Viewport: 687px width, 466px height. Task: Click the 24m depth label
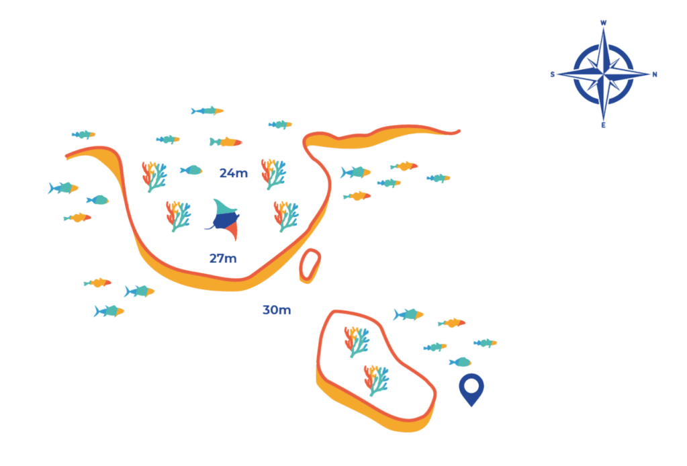234,174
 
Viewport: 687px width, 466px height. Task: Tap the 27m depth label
223,259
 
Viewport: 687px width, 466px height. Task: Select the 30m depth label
276,310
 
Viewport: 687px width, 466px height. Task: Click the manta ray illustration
223,218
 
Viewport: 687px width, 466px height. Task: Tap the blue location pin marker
473,388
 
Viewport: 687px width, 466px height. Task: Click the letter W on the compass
603,23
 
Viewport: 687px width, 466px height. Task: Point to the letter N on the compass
655,74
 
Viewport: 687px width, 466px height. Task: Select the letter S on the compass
552,74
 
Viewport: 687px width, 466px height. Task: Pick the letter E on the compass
603,126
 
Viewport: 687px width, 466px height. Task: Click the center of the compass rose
603,73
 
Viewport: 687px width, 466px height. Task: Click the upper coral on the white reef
356,341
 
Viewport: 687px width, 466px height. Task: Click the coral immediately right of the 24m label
273,174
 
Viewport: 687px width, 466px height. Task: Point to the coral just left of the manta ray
178,216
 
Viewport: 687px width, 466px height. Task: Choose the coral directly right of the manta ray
287,216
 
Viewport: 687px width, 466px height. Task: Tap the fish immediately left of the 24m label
191,170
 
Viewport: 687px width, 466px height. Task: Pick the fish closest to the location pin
460,362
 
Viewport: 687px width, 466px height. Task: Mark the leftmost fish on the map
62,188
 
